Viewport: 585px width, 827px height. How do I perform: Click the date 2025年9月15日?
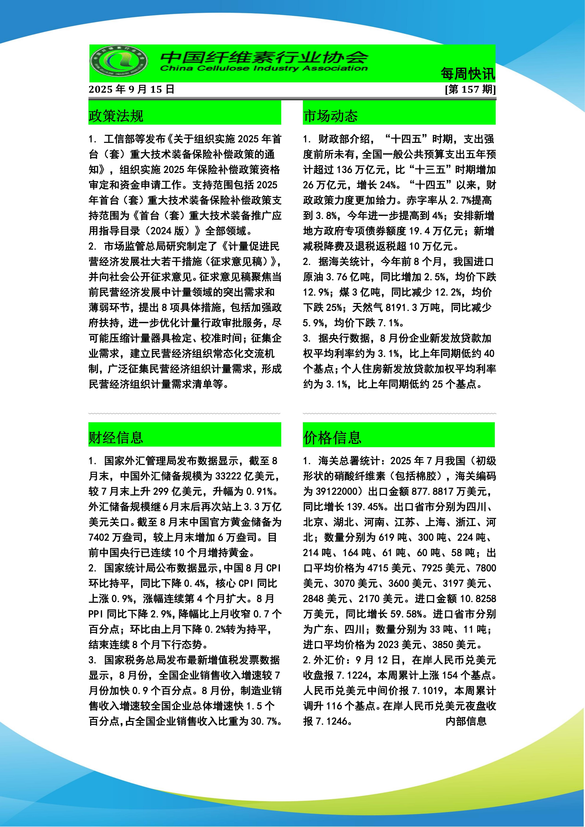pos(131,89)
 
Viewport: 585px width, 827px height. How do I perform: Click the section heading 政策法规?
pos(116,116)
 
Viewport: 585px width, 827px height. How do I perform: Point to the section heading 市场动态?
pos(330,116)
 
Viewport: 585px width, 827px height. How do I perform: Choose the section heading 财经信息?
pos(116,437)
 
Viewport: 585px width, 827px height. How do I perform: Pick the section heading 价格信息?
pos(332,437)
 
